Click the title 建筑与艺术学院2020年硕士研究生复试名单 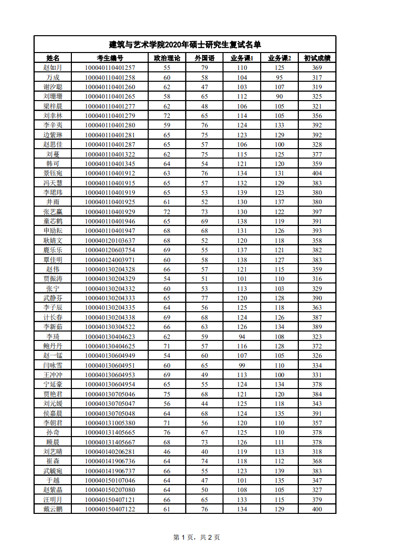(x=185, y=45)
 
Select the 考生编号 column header (x=110, y=58)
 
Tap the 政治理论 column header (x=167, y=58)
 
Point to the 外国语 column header (x=204, y=58)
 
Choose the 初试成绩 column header (x=317, y=58)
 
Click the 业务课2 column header (x=280, y=58)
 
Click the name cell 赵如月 (x=53, y=67)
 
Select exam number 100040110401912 (x=110, y=173)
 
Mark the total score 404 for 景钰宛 (x=317, y=173)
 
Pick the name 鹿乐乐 (x=53, y=250)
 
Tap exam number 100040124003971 (x=110, y=260)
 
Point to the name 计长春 (x=53, y=317)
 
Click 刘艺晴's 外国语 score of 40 (x=204, y=451)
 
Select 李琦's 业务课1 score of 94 (x=242, y=336)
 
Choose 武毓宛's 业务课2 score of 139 (x=280, y=471)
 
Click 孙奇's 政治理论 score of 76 (x=167, y=432)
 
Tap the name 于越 (x=53, y=480)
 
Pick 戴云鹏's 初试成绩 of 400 (x=317, y=509)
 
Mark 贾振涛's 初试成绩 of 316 (x=317, y=278)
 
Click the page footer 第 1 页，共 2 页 (x=196, y=537)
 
